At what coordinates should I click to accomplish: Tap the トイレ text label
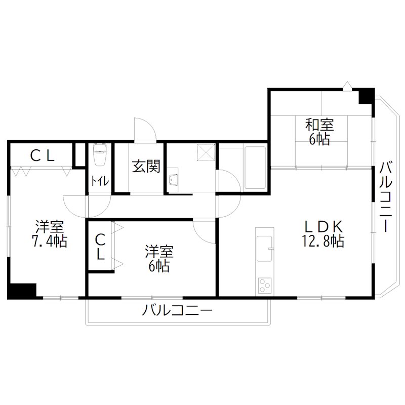click(99, 181)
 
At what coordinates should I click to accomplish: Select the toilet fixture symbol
click(99, 155)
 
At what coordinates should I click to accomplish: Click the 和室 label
click(319, 124)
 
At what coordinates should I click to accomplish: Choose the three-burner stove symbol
click(264, 286)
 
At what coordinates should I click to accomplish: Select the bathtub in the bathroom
click(255, 168)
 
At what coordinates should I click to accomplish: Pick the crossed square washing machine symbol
click(207, 152)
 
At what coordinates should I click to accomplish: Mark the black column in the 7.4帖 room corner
click(22, 291)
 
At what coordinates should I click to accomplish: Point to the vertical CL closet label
click(100, 246)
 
